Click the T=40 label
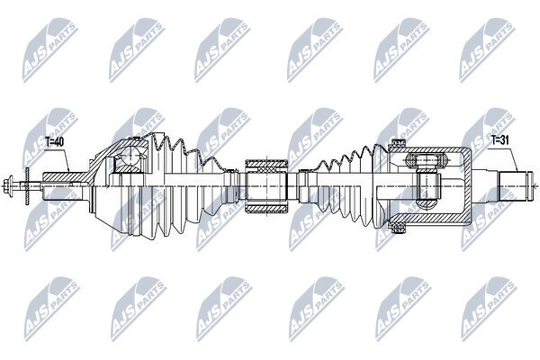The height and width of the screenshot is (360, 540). pos(54,141)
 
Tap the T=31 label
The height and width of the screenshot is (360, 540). pos(500,139)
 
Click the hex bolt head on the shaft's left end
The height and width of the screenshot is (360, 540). pos(8,186)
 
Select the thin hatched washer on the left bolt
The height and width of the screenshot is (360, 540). pos(27,186)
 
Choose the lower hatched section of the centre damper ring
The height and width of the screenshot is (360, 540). pos(265,208)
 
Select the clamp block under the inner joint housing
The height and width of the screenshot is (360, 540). pos(397,227)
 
